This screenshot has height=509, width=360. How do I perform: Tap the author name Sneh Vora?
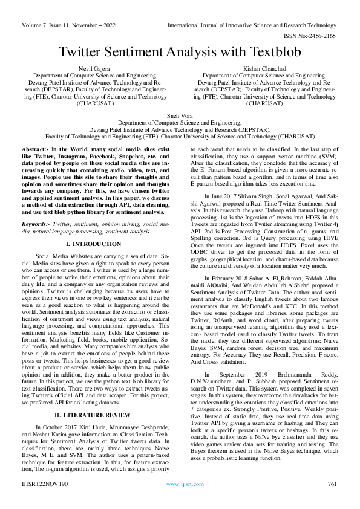pyautogui.click(x=180, y=114)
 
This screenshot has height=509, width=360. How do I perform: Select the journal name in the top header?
pyautogui.click(x=251, y=25)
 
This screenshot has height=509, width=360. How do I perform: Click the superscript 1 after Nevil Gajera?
pyautogui.click(x=111, y=68)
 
